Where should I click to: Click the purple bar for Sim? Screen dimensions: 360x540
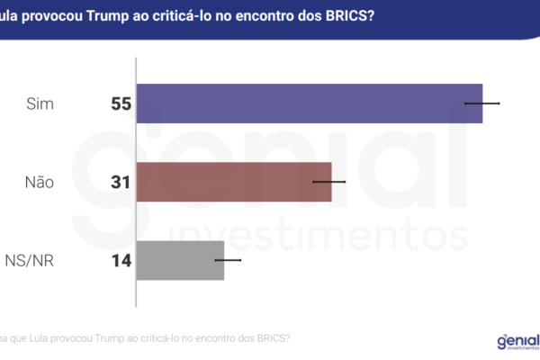tap(309, 103)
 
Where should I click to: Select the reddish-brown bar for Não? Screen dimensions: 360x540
tap(234, 182)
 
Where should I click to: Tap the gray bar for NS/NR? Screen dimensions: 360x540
tap(180, 260)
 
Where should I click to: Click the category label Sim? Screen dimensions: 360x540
tap(40, 104)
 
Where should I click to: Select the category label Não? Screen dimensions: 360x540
tap(40, 183)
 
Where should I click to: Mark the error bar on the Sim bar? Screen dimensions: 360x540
tap(481, 103)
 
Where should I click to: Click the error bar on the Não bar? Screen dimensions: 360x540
tap(328, 182)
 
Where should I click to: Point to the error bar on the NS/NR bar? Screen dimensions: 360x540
tap(228, 260)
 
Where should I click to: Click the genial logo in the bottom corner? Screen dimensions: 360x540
tap(517, 341)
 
